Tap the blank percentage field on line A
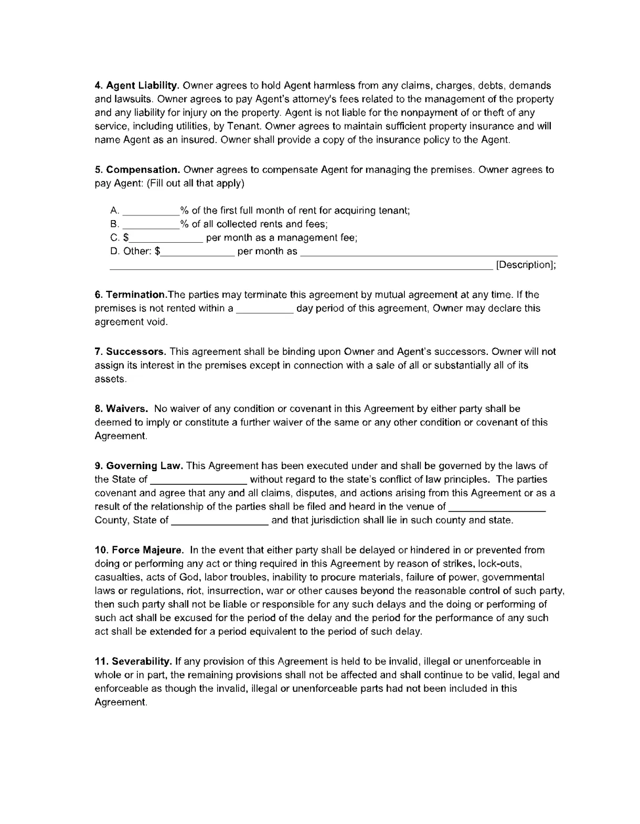(151, 211)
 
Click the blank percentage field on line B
(151, 224)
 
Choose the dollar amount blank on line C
(166, 238)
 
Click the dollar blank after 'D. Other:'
(197, 252)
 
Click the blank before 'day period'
(264, 309)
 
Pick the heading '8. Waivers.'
(122, 409)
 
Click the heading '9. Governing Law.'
(139, 466)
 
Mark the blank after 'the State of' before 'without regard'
(198, 480)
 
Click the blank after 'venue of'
(497, 507)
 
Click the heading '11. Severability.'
(133, 662)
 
